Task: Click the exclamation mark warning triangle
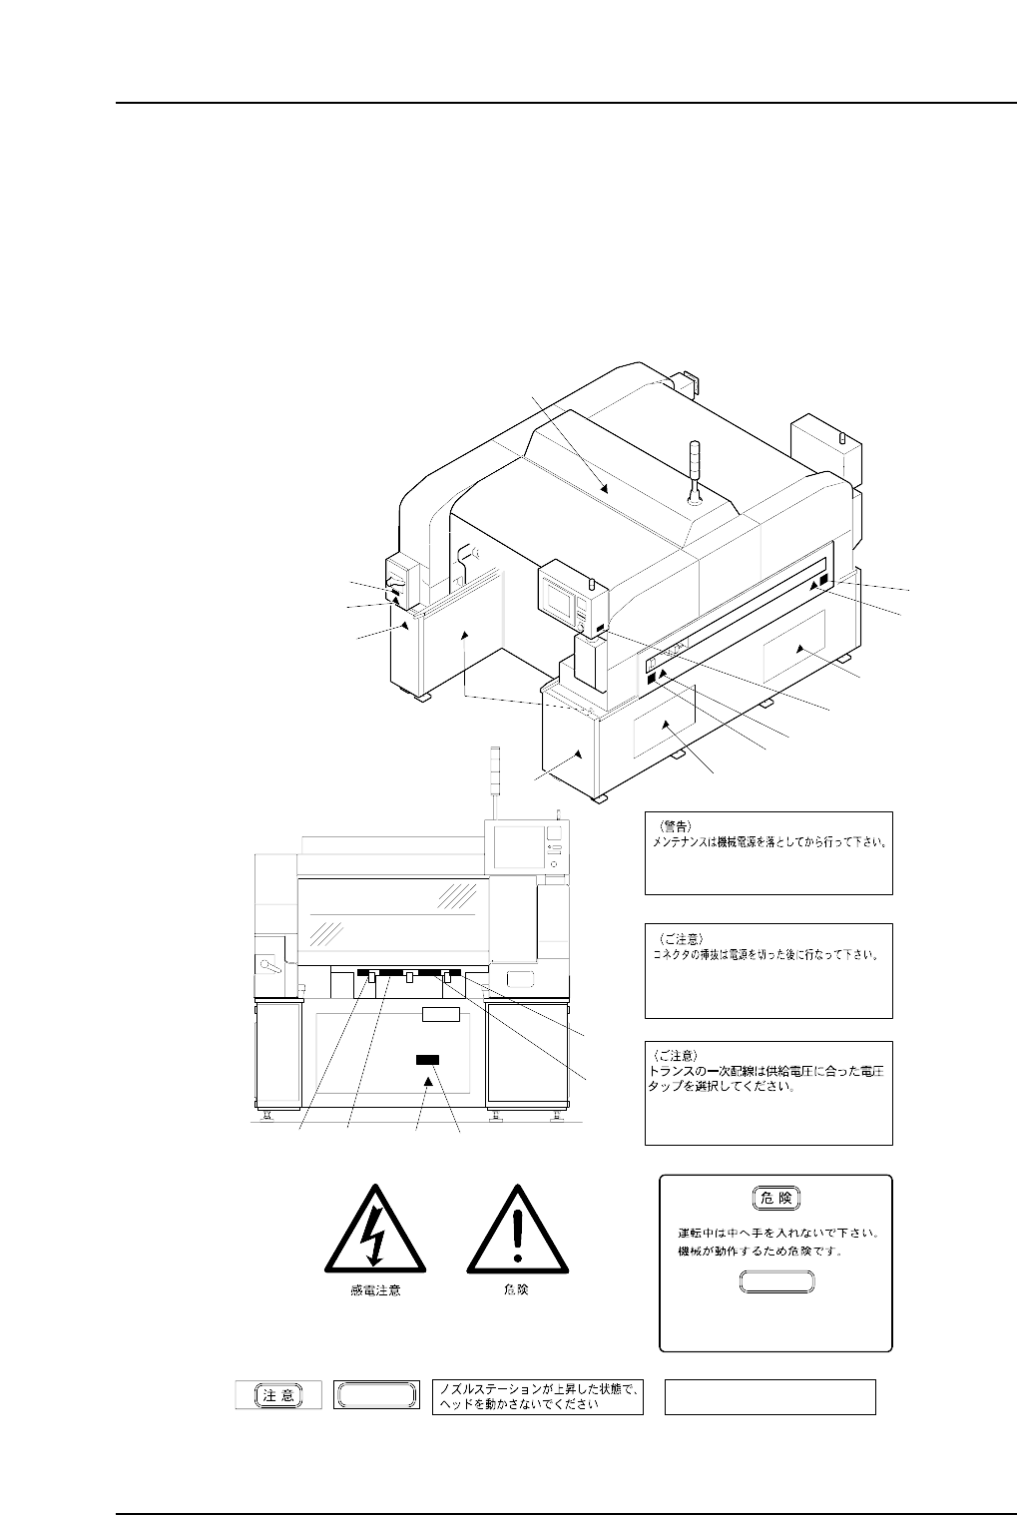(x=516, y=1233)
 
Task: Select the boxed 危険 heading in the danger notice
(x=775, y=1198)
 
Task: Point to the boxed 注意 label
(x=278, y=1395)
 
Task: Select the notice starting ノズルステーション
(x=539, y=1396)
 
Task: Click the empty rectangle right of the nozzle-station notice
(x=769, y=1396)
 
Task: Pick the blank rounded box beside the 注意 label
(x=374, y=1395)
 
